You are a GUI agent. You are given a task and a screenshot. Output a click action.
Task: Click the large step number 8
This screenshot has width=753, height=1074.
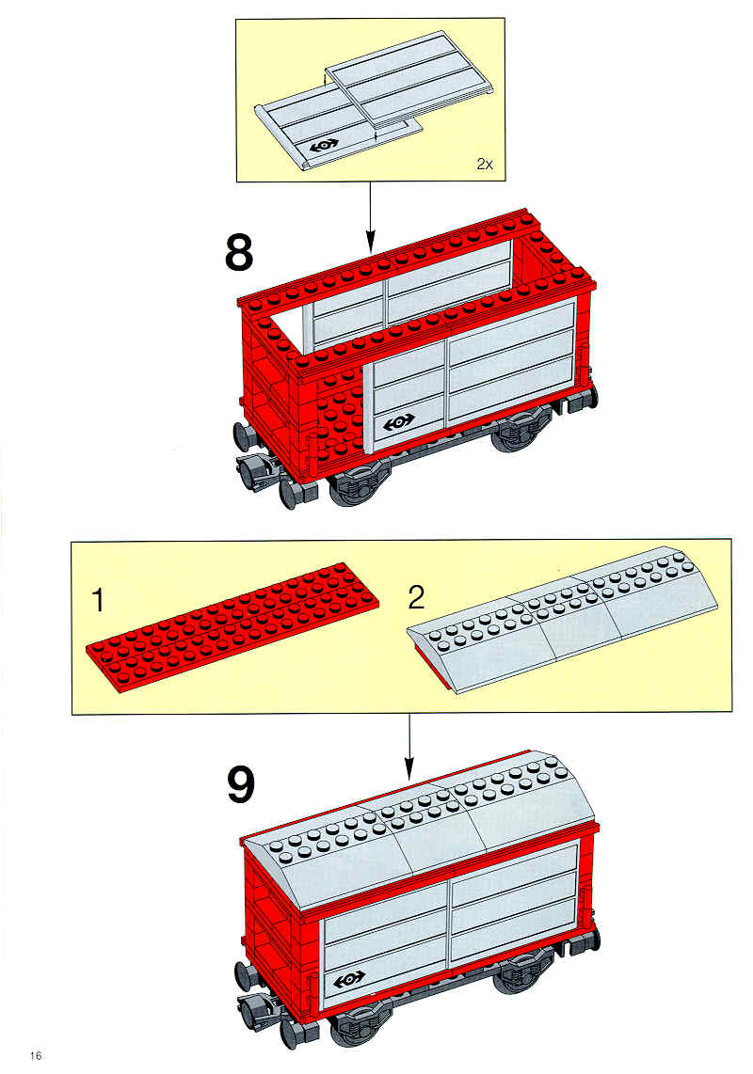(x=239, y=253)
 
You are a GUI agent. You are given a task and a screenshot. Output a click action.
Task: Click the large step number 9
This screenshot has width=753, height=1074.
(x=241, y=785)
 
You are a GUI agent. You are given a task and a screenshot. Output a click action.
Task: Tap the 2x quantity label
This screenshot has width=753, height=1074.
(x=485, y=165)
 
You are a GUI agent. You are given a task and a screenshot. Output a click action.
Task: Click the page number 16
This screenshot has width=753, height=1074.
(x=36, y=1055)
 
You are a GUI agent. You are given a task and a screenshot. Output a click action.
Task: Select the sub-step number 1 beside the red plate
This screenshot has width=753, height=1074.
(x=99, y=600)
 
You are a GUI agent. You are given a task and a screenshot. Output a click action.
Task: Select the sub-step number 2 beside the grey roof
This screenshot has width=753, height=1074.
(x=416, y=597)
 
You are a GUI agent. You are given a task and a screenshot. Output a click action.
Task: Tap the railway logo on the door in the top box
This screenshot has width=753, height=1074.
(x=324, y=146)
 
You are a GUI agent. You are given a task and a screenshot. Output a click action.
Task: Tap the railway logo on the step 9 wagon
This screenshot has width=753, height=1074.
(x=350, y=980)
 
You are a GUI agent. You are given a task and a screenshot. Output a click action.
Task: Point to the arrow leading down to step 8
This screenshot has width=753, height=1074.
(x=370, y=216)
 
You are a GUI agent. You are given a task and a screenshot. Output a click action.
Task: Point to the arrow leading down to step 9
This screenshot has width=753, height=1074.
(x=409, y=747)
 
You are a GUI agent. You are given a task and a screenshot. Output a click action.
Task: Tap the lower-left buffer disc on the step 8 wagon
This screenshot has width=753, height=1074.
(x=289, y=493)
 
